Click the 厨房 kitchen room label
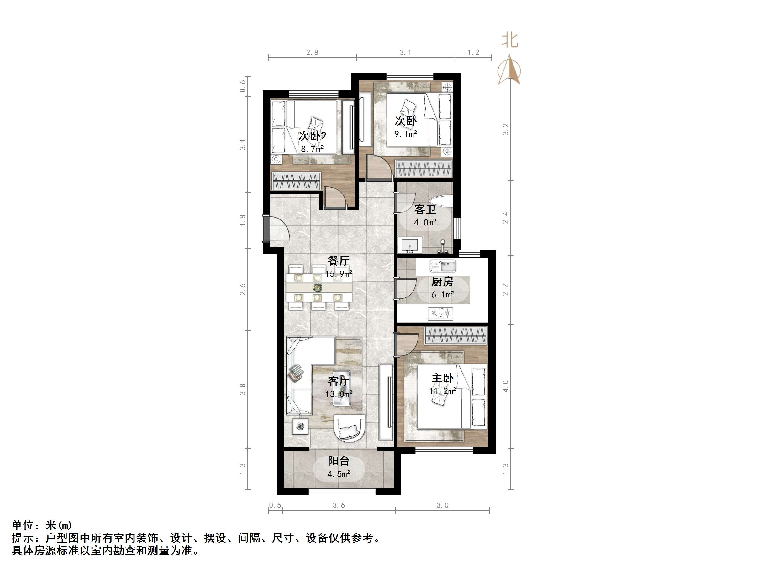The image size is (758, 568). coord(442,282)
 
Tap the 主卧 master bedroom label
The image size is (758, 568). coord(442,378)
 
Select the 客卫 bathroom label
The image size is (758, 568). coord(425,209)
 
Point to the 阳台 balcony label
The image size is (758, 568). coord(339,461)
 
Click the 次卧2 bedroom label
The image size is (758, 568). coord(312,136)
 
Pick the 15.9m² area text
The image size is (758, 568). coord(339,274)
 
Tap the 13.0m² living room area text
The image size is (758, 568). coord(339,394)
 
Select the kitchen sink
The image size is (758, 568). coord(443,266)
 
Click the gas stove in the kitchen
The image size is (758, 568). coord(440,313)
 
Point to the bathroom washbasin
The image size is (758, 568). coord(410,245)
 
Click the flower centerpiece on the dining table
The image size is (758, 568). coord(317,287)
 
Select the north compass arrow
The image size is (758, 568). coord(509,70)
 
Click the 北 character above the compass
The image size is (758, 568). coord(509,40)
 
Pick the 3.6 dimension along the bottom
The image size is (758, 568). coord(339,505)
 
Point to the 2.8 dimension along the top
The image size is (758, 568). coord(312,52)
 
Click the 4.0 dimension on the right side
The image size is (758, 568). coord(505,386)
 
